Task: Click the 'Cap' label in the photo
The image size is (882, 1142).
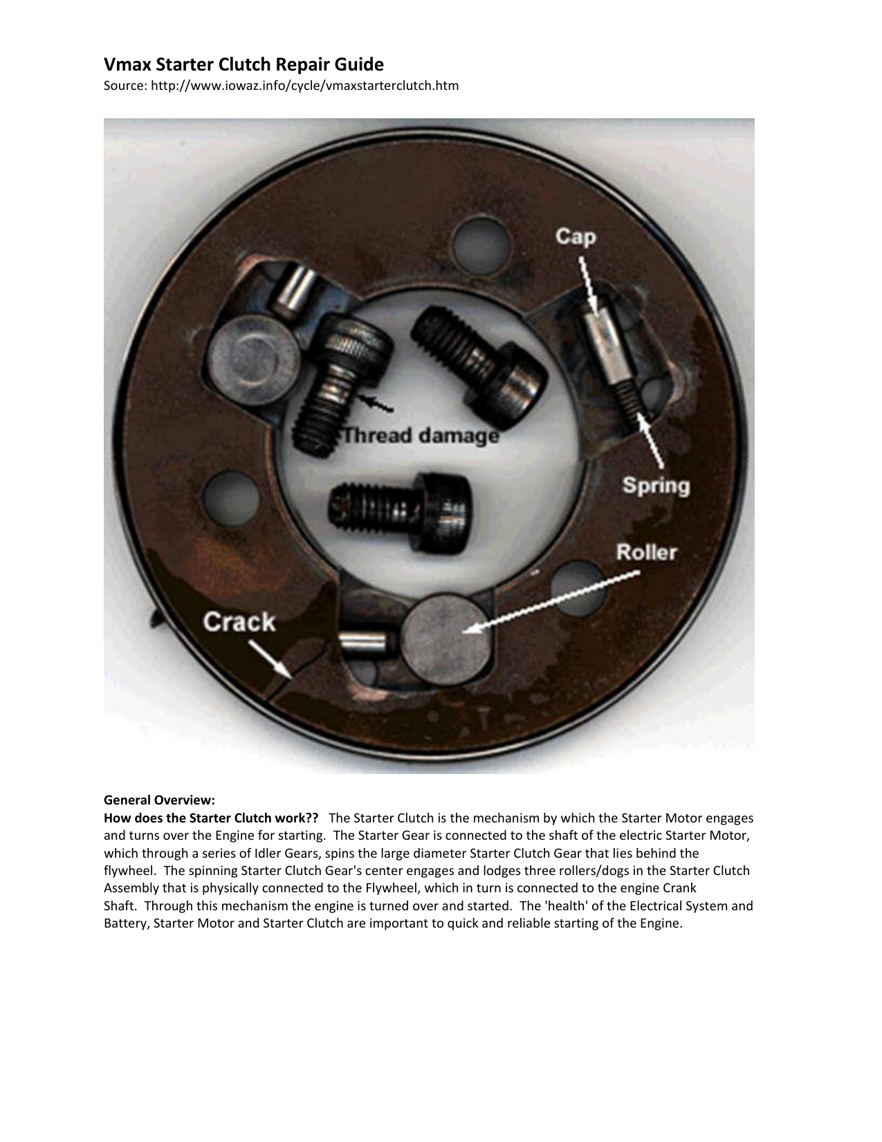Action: [575, 237]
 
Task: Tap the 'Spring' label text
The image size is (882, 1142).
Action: [656, 485]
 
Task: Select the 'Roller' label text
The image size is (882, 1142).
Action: [646, 553]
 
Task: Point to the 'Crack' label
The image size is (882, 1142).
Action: [239, 622]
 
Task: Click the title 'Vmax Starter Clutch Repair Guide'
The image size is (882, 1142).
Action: [244, 65]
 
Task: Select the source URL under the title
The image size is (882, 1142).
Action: [281, 86]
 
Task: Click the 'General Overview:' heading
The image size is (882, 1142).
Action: [159, 800]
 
